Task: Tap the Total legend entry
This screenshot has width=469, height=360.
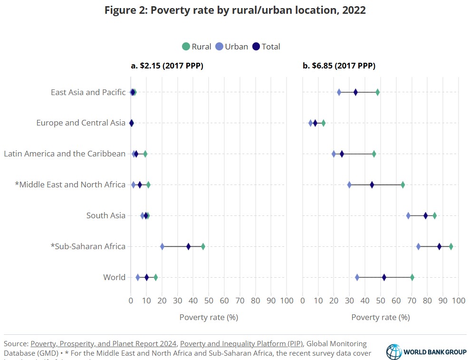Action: click(266, 47)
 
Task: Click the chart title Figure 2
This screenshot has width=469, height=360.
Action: click(235, 10)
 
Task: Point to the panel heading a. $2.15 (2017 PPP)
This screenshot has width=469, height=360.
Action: click(167, 66)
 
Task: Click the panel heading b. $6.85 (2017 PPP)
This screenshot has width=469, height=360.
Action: click(339, 66)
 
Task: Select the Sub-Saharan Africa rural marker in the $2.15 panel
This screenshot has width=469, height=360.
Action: click(203, 246)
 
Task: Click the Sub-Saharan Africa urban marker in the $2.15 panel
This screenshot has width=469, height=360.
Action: click(162, 246)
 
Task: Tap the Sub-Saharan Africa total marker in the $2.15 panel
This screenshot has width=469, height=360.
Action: click(189, 246)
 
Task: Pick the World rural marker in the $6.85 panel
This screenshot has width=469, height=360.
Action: click(412, 277)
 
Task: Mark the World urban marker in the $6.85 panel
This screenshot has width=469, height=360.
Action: click(357, 277)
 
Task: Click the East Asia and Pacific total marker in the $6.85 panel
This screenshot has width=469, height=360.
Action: click(355, 92)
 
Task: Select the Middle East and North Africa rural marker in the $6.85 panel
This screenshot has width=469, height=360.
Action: click(403, 185)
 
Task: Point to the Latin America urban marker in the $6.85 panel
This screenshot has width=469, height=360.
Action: click(334, 154)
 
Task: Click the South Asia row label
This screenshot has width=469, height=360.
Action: click(105, 215)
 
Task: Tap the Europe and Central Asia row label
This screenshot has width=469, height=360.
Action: click(81, 123)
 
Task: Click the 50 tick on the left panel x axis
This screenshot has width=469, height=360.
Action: click(209, 300)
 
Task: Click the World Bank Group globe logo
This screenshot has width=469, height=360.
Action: click(394, 352)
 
